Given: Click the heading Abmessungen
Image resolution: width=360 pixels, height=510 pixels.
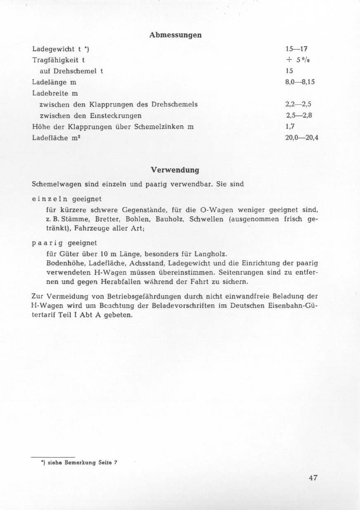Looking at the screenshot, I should point(175,35).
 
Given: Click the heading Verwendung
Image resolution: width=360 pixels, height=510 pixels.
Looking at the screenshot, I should point(175,170).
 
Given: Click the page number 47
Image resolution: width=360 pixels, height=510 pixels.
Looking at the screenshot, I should point(313,478).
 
